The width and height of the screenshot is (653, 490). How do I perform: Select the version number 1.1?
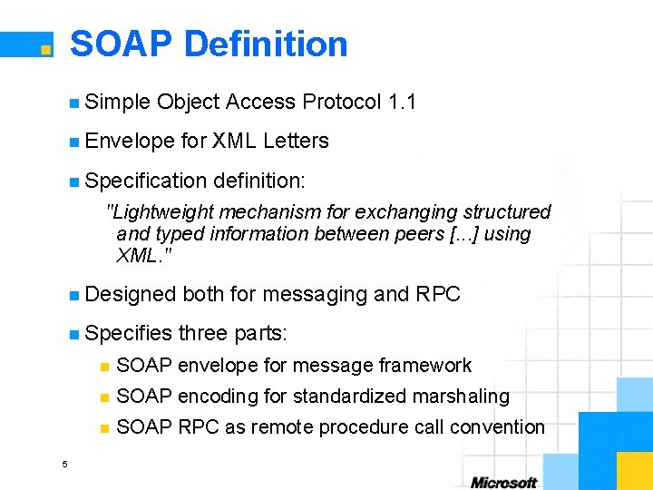401,102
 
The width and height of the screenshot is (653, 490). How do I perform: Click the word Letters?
296,141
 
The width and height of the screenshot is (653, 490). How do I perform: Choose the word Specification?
144,180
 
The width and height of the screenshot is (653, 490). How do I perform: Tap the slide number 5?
64,465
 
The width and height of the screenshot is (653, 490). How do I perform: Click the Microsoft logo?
504,482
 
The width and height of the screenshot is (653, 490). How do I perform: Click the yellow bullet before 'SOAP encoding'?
104,397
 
